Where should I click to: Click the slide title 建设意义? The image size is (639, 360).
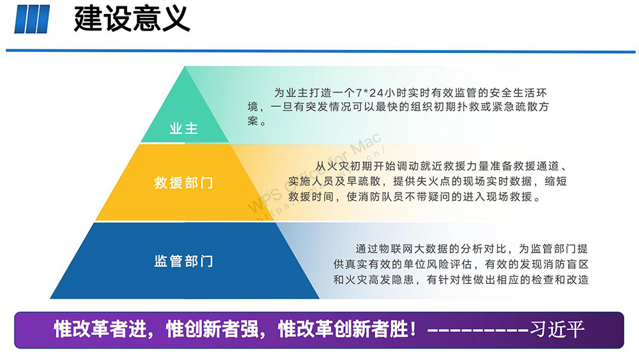pyautogui.click(x=132, y=19)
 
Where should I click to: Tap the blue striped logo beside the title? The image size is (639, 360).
pyautogui.click(x=32, y=19)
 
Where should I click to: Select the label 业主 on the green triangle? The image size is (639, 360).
pyautogui.click(x=184, y=129)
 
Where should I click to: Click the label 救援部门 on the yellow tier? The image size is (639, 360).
pyautogui.click(x=184, y=183)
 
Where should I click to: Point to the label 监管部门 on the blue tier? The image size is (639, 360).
pyautogui.click(x=184, y=261)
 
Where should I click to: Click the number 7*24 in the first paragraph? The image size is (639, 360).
pyautogui.click(x=369, y=93)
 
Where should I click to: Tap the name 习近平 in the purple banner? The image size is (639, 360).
pyautogui.click(x=557, y=329)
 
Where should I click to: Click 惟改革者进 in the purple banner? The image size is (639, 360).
pyautogui.click(x=100, y=329)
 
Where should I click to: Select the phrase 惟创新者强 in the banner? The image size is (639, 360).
pyautogui.click(x=212, y=329)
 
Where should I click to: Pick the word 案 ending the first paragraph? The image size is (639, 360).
pyautogui.click(x=252, y=121)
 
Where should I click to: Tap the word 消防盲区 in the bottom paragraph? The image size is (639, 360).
pyautogui.click(x=566, y=264)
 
